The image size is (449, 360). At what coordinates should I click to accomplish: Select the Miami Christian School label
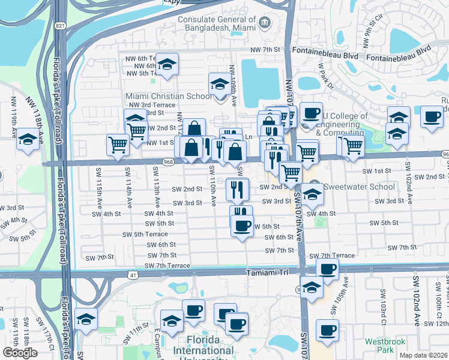point(168,97)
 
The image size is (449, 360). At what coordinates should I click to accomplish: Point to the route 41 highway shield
point(131,274)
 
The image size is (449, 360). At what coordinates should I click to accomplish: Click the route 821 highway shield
point(58,26)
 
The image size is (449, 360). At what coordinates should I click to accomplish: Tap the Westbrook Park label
point(381,346)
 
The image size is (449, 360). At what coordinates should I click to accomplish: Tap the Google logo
point(20,353)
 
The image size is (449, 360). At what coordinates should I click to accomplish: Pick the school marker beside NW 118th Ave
point(27,140)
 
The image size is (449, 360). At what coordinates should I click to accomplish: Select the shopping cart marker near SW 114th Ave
point(118,144)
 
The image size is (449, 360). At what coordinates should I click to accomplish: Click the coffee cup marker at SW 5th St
point(242,226)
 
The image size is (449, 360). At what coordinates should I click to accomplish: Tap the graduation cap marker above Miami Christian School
point(167,64)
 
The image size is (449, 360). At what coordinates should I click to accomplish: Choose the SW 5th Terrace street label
point(145,234)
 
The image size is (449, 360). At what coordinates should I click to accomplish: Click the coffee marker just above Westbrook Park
point(327,329)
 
